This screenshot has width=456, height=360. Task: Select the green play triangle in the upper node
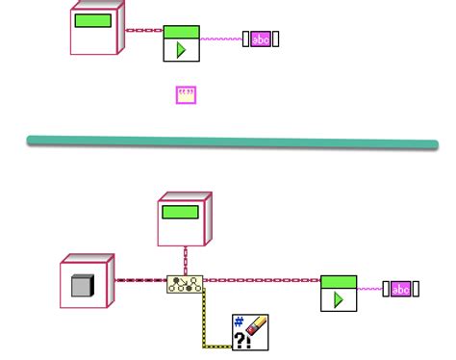[181, 49]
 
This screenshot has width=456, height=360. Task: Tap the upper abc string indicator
[261, 39]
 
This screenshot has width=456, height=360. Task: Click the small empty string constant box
[187, 94]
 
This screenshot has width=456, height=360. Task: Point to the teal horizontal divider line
[231, 141]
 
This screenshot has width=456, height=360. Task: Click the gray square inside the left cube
[82, 285]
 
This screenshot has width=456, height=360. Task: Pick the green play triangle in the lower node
[339, 298]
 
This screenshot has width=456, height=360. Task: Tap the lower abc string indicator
[399, 288]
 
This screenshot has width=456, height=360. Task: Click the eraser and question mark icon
[250, 332]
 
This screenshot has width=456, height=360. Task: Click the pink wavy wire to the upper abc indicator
[220, 39]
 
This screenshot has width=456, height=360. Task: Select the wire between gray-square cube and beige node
[140, 281]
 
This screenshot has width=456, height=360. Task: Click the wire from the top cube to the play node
[143, 30]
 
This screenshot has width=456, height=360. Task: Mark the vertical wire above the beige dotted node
[185, 260]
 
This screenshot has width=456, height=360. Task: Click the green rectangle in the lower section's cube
[180, 212]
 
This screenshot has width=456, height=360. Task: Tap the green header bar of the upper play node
[181, 32]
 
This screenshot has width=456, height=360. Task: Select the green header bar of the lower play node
[339, 282]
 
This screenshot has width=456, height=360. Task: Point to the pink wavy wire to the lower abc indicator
[369, 287]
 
